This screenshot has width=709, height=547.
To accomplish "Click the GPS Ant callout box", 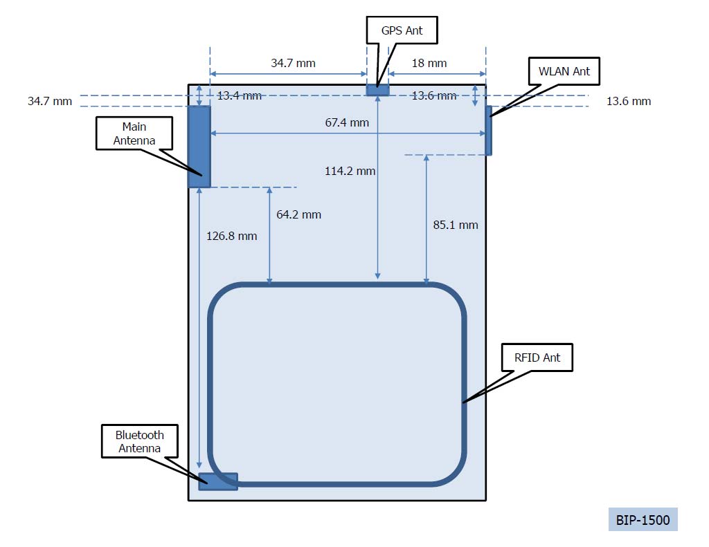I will [402, 30].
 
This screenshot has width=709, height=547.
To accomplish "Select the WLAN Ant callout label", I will [564, 71].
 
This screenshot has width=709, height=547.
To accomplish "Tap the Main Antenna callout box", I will [134, 133].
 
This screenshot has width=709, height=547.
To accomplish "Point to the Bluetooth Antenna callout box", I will [140, 441].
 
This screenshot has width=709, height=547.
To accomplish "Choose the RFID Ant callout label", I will [537, 358].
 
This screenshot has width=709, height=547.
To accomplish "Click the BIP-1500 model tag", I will [643, 519].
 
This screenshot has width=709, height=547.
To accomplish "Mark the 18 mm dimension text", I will [429, 63].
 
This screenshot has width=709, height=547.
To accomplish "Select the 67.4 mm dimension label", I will [347, 122].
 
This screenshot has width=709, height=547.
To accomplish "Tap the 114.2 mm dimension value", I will [350, 171].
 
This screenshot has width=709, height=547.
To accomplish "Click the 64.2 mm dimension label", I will [298, 214].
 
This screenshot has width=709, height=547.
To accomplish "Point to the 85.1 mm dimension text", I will [455, 225].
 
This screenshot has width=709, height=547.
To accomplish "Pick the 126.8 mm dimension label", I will [231, 236].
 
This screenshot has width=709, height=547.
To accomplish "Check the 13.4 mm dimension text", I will [239, 95].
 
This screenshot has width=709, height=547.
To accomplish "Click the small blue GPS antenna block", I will [377, 90].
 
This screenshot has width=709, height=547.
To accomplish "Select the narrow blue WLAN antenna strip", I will [489, 130].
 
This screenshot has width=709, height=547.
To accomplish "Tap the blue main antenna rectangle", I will [199, 146].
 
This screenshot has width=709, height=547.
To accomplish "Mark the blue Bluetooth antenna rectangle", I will [218, 481].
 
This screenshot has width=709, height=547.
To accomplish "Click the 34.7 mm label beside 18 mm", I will [293, 63].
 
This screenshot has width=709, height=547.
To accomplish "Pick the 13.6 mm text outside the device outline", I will [629, 101].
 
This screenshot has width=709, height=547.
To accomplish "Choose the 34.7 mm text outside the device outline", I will [50, 101].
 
